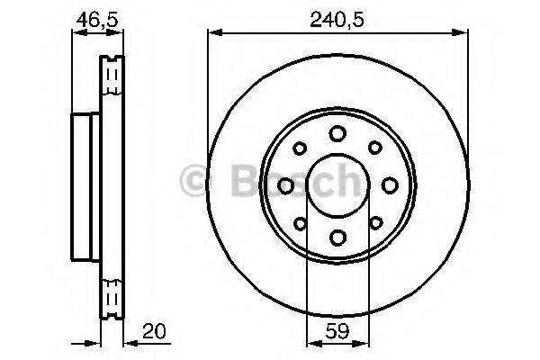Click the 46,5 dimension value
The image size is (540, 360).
96,17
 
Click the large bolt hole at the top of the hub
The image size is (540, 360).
337,133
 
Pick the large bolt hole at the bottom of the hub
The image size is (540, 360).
337,237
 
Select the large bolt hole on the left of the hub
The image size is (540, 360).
286,185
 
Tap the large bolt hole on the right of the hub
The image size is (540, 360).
390,185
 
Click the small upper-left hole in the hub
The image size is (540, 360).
301,148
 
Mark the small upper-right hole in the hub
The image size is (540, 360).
374,148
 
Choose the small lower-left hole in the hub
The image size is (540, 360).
301,222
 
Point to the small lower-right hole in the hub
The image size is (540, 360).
374,222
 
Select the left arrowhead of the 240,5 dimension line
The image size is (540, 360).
213,33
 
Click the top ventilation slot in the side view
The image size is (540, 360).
112,72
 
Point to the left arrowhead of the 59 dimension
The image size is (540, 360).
311,342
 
